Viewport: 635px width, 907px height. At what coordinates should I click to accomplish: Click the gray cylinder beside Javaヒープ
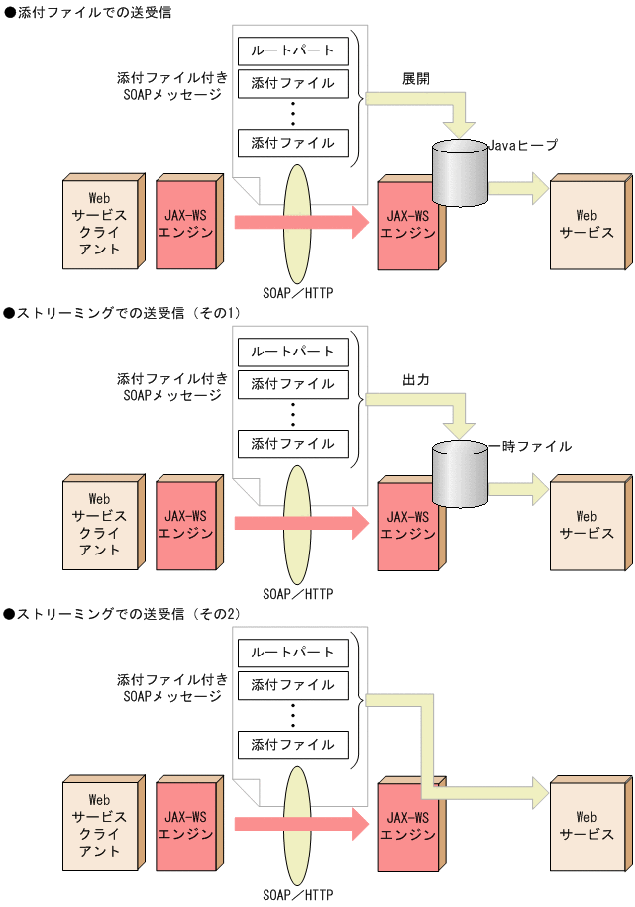click(x=459, y=174)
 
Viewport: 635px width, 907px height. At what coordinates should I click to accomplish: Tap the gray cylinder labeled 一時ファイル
click(x=459, y=475)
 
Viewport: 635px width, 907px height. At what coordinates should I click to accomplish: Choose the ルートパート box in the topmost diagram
click(x=293, y=50)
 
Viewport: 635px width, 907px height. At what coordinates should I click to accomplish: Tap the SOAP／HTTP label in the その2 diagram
click(x=297, y=894)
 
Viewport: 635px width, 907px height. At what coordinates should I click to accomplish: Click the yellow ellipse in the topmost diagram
click(x=297, y=223)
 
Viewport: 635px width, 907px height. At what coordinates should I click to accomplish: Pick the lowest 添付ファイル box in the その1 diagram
click(x=293, y=443)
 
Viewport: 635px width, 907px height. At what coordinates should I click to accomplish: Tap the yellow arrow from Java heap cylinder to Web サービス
click(x=519, y=186)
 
